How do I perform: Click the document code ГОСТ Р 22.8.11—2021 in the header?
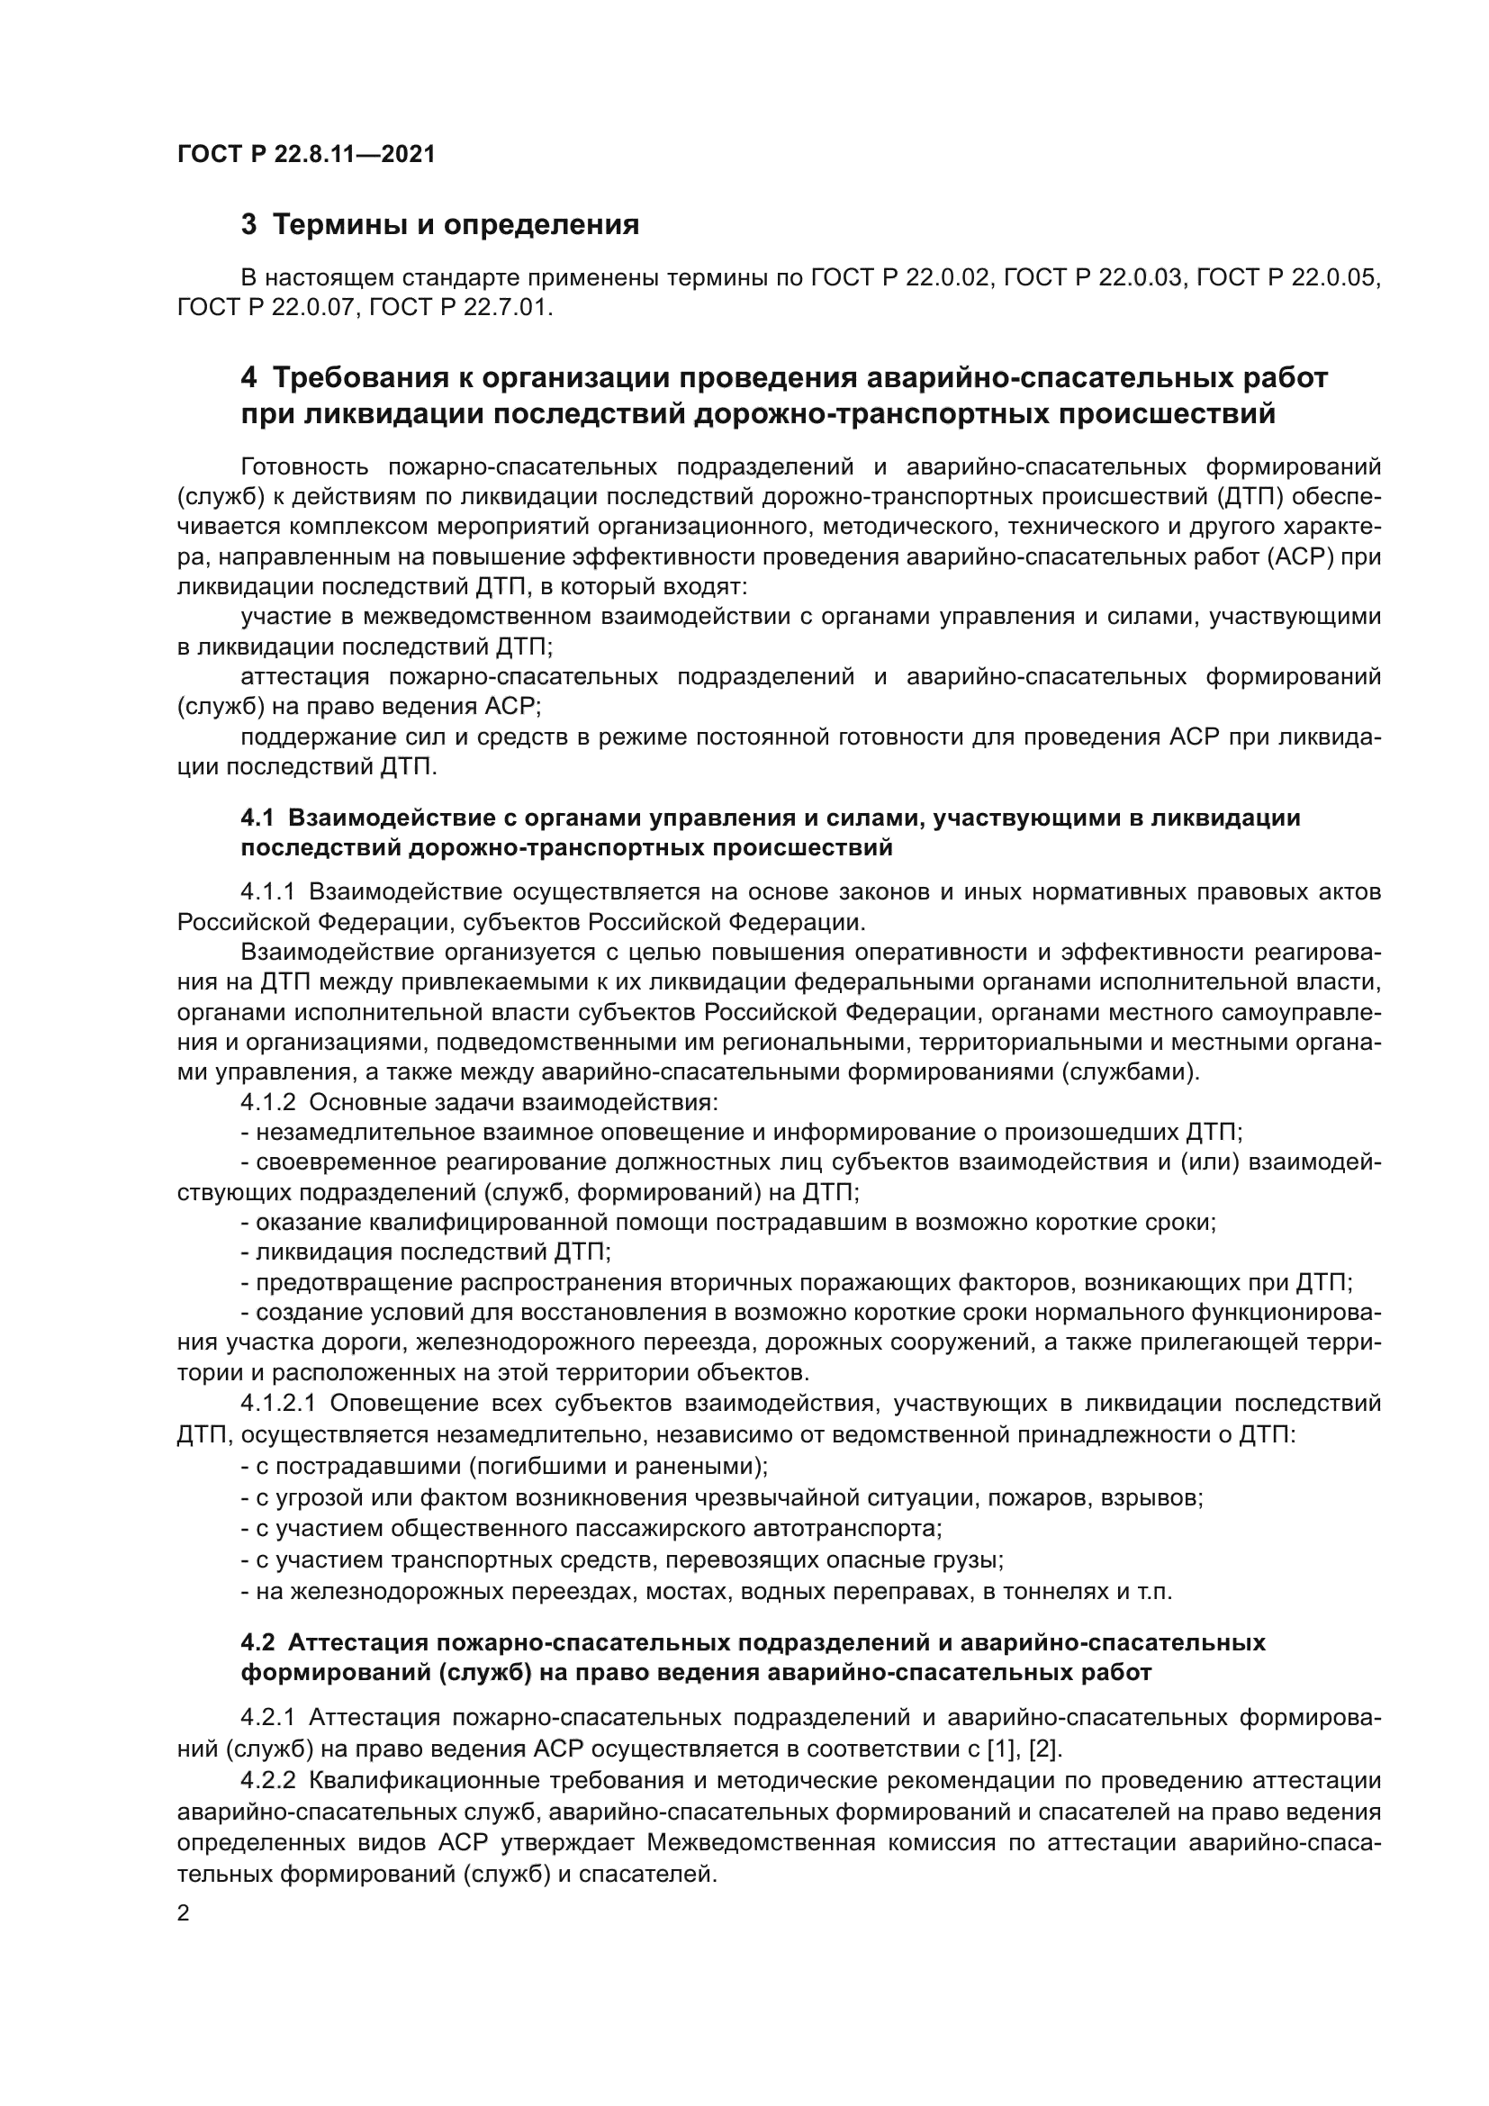306,154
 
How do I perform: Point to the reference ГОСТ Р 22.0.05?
1288,277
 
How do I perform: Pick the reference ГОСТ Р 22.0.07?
267,307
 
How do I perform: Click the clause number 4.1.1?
267,891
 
